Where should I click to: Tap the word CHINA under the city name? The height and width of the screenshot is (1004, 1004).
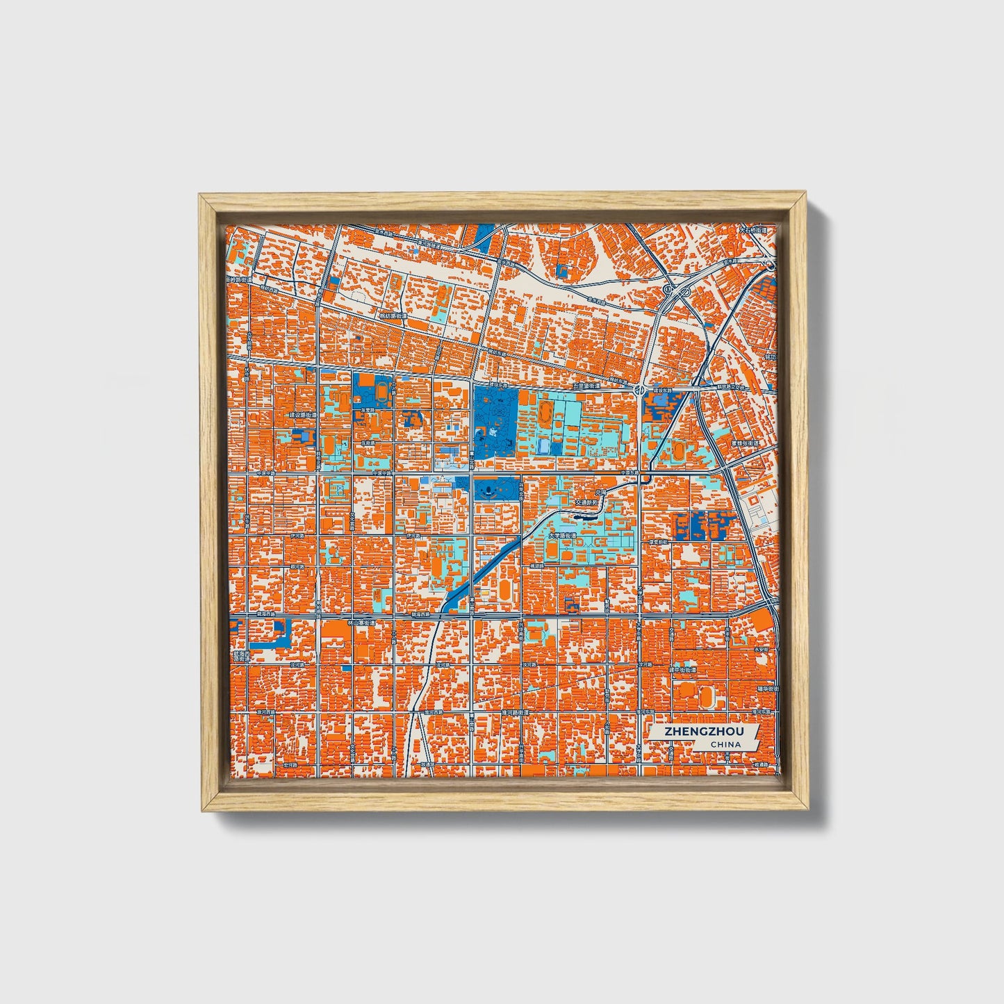pos(725,745)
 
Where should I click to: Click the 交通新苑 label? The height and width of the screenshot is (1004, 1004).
pos(586,501)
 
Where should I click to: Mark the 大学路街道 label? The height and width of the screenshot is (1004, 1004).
pos(562,536)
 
